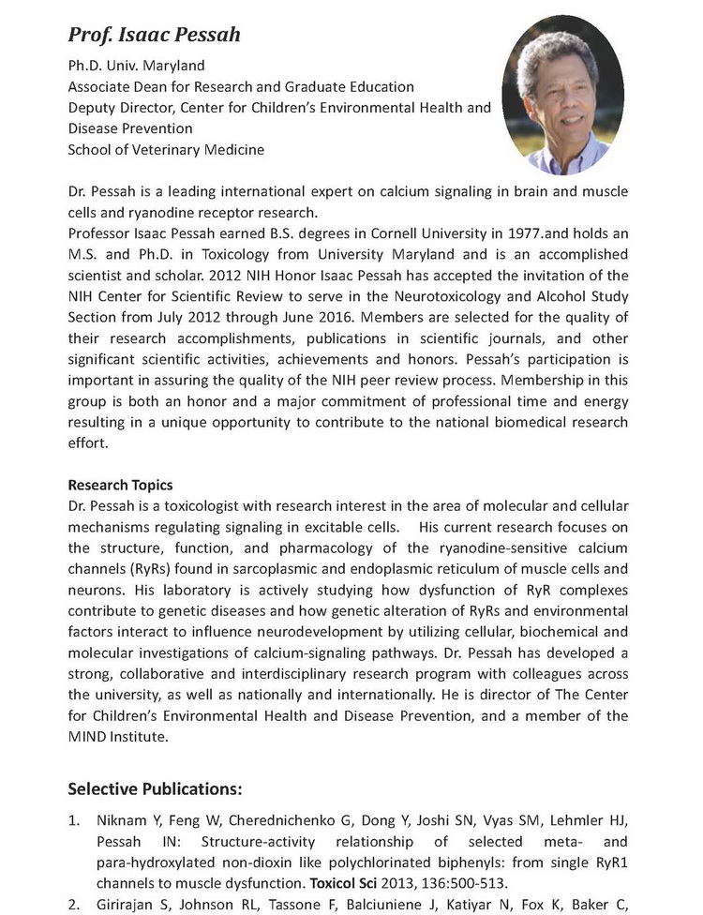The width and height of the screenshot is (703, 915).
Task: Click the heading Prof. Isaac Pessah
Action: [155, 36]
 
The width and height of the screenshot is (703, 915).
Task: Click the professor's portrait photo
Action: [563, 95]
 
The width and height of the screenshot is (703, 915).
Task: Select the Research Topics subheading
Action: [120, 485]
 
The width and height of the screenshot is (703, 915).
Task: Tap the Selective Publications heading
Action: [155, 787]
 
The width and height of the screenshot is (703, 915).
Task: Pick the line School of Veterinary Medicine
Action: [166, 149]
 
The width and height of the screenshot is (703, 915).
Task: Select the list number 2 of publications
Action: [74, 903]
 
